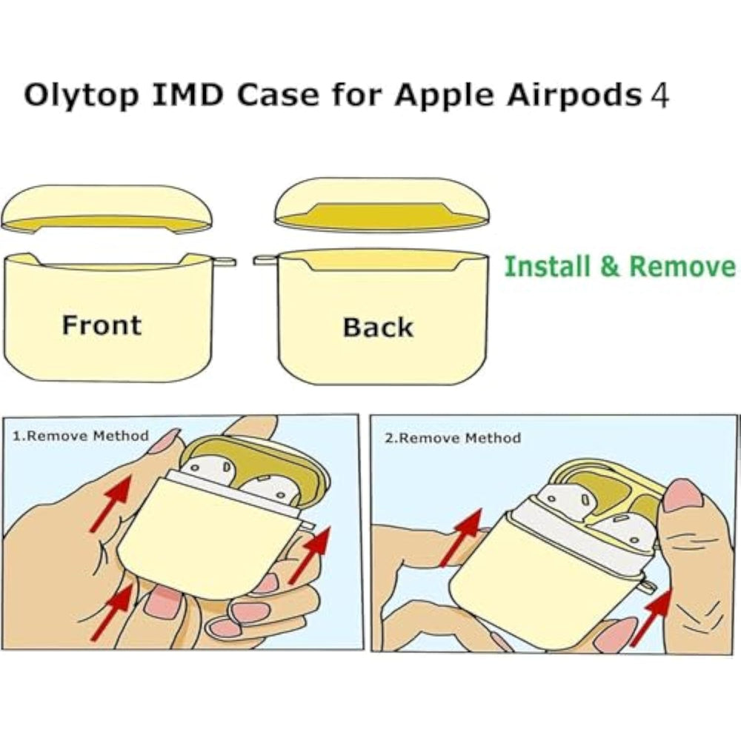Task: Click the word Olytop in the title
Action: click(x=71, y=96)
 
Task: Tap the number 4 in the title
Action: click(x=659, y=96)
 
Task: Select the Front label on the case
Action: click(x=101, y=325)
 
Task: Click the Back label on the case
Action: click(x=377, y=328)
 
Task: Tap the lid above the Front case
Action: click(x=107, y=207)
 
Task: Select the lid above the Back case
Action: click(x=382, y=204)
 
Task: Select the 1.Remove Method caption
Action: click(x=81, y=436)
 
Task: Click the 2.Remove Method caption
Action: click(x=452, y=438)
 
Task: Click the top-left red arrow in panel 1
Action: click(x=112, y=504)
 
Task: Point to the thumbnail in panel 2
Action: click(x=683, y=495)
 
